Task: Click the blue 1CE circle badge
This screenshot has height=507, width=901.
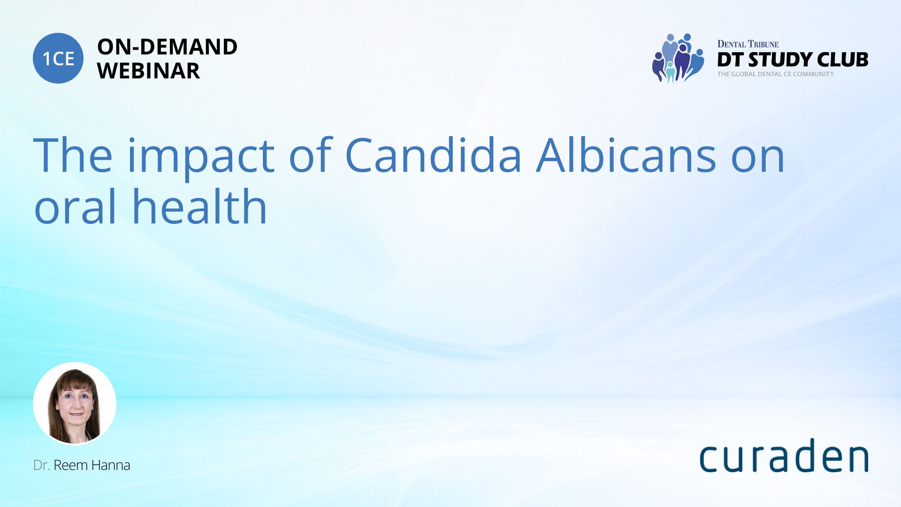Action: [58, 58]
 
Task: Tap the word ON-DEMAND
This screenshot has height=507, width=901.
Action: [167, 47]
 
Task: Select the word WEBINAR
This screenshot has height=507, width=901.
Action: [148, 71]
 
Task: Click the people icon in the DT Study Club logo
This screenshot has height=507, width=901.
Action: [678, 58]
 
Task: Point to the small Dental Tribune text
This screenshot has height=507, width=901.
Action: [748, 44]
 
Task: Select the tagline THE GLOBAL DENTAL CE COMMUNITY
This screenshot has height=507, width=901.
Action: [776, 74]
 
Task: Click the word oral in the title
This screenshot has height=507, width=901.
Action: [75, 206]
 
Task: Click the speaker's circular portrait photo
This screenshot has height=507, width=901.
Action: [75, 403]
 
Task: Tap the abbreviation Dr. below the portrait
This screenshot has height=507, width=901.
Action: [41, 465]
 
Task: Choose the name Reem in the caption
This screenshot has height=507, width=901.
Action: [71, 465]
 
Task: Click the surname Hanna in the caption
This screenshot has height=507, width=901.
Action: [111, 465]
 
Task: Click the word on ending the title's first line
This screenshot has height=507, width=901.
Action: [758, 160]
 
